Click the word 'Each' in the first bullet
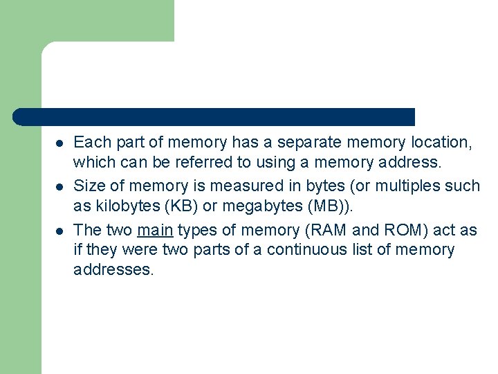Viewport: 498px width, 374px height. click(89, 143)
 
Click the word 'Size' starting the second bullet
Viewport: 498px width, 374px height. click(87, 186)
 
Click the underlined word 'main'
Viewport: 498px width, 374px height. click(155, 229)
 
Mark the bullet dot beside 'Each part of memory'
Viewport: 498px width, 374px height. click(59, 143)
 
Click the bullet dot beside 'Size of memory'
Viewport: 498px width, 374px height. click(59, 186)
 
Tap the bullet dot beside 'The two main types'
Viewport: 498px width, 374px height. click(59, 229)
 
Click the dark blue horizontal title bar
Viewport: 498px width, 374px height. click(214, 117)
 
